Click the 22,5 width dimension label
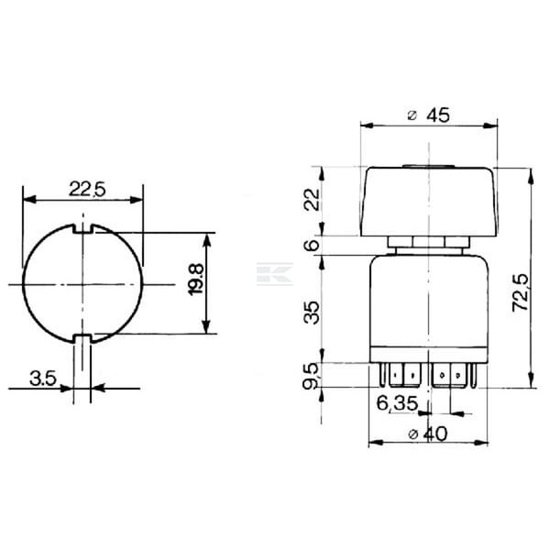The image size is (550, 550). [x=87, y=189]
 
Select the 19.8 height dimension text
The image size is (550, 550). [x=196, y=280]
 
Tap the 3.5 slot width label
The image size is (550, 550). [x=43, y=379]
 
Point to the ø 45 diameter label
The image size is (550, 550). [x=429, y=115]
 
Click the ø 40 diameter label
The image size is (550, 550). [x=428, y=434]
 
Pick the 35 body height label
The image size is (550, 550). [x=312, y=313]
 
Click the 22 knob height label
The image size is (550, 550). [x=312, y=199]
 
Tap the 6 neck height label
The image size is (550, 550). [x=312, y=245]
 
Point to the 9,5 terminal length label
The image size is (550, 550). [x=311, y=376]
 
